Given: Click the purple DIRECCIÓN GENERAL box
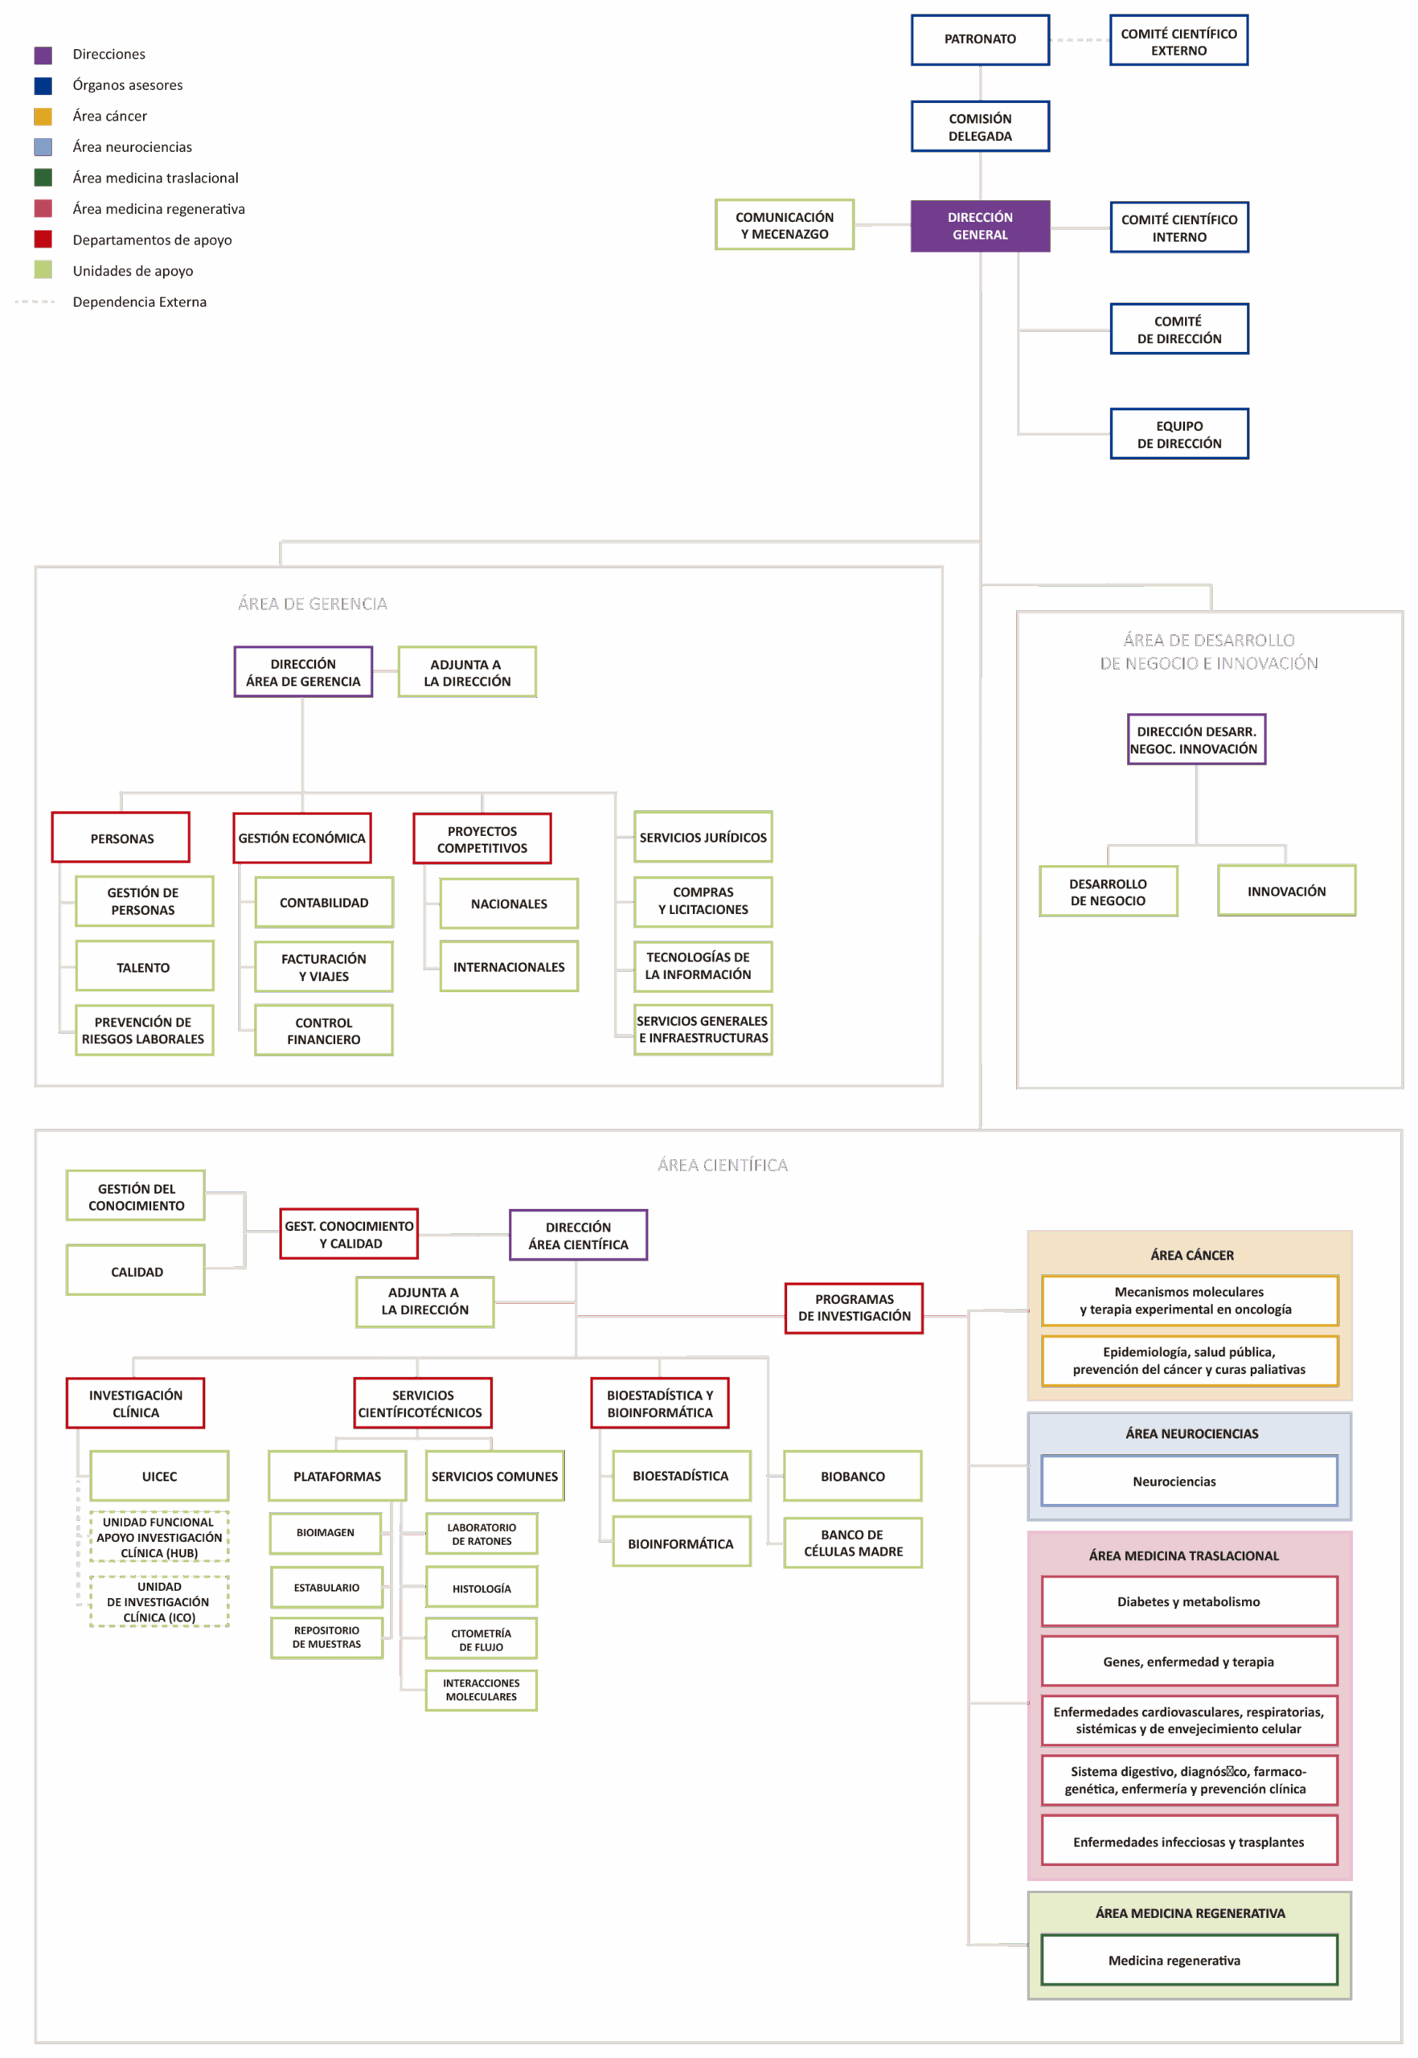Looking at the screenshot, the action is [980, 226].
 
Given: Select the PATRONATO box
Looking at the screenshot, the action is [980, 39].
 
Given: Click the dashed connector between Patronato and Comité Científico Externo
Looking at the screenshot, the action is [1080, 40].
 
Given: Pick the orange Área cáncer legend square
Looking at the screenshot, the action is [43, 117].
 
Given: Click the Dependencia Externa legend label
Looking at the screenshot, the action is [140, 302].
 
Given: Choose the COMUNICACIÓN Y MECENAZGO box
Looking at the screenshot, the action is [785, 225].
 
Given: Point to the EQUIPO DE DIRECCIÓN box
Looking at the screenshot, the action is [1179, 433].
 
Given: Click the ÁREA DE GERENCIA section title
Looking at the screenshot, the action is [313, 605].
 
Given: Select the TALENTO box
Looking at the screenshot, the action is [144, 966].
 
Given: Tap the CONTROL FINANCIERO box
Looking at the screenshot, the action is [323, 1031].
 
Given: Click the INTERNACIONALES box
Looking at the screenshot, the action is [509, 967].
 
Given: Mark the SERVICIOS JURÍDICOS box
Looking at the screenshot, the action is [703, 837].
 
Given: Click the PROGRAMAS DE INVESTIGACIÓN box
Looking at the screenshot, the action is [854, 1308].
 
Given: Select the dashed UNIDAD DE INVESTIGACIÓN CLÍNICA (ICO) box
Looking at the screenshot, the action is [159, 1601].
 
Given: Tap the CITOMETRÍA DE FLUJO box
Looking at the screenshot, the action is [482, 1639].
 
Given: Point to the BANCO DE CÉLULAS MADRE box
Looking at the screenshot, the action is [853, 1543].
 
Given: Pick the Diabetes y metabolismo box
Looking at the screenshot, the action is [1189, 1601].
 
